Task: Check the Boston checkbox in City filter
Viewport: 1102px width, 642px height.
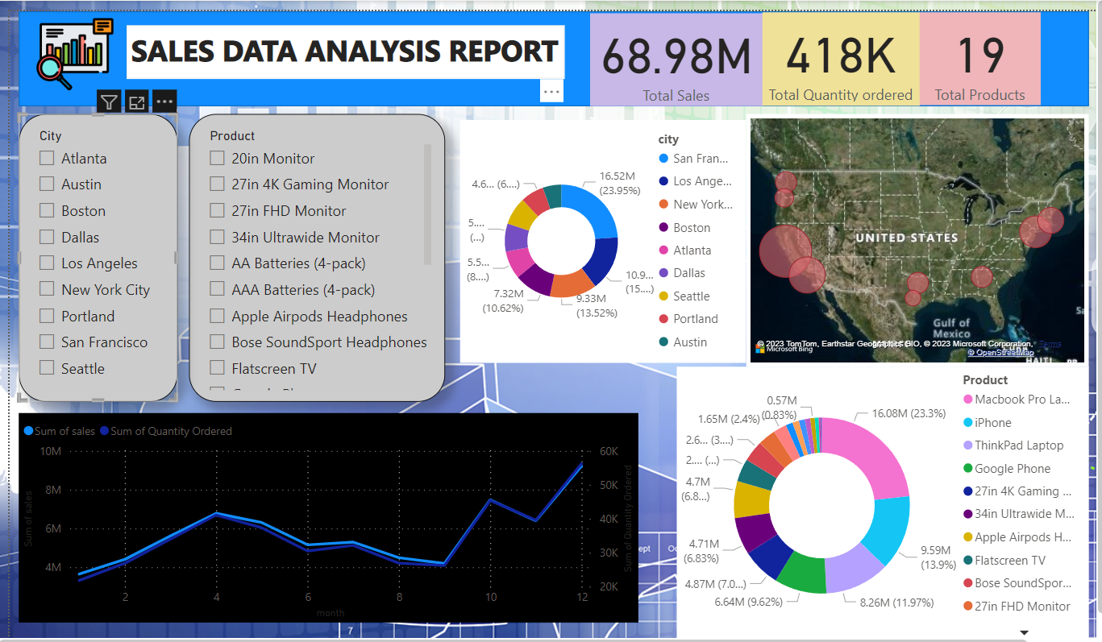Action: [47, 211]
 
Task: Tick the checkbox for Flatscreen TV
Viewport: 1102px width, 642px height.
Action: [217, 368]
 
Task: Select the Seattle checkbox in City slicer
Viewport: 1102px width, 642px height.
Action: [47, 368]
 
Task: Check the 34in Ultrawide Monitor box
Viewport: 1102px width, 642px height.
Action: [217, 238]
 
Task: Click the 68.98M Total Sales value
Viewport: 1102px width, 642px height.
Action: [676, 56]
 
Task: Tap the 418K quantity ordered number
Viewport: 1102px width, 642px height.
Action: [840, 56]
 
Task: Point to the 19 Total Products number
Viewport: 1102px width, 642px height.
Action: [979, 56]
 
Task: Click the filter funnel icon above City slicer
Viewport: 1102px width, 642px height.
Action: [110, 102]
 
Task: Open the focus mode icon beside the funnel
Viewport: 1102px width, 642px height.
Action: [137, 102]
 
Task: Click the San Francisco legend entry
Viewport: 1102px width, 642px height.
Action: [700, 159]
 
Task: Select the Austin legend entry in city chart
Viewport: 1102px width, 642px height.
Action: [689, 342]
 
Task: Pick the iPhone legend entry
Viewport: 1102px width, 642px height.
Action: [992, 423]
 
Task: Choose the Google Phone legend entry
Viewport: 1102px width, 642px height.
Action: [1013, 469]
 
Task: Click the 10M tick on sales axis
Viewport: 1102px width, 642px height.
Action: [51, 451]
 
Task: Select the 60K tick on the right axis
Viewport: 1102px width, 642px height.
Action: [609, 452]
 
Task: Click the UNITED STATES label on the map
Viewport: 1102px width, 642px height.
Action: [906, 238]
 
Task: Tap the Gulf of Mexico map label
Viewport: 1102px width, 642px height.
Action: [951, 329]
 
